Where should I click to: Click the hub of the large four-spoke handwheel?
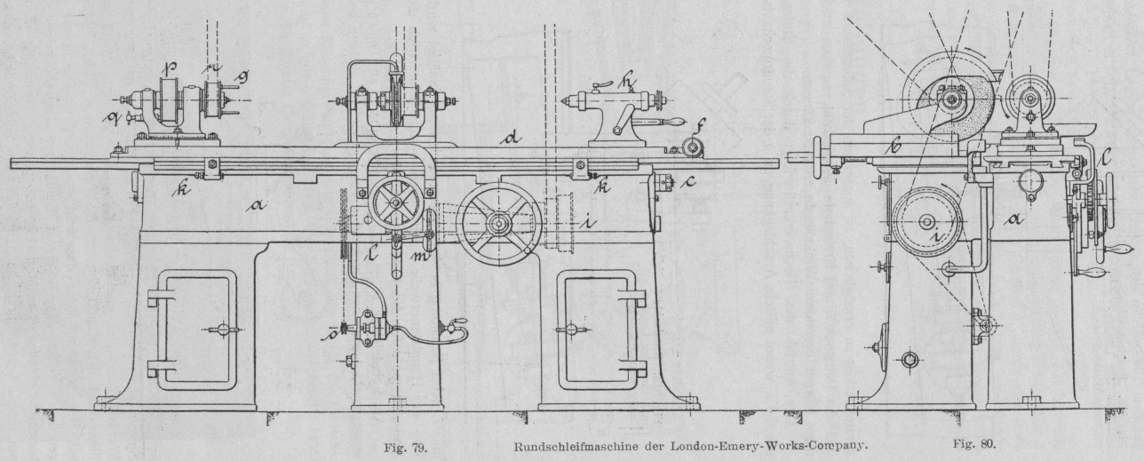499,224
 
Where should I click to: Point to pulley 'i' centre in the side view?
926,223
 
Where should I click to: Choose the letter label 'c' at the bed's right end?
688,185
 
